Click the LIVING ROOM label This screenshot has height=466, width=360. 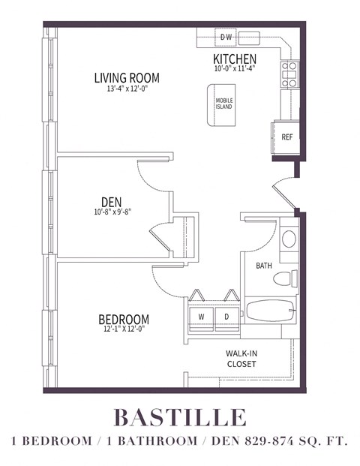click(x=126, y=77)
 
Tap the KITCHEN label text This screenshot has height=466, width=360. click(x=235, y=59)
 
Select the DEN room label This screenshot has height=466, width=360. click(x=112, y=202)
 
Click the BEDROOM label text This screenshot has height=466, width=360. click(x=123, y=318)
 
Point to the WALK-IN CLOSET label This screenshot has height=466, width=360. click(x=241, y=358)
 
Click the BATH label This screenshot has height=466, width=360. click(x=264, y=266)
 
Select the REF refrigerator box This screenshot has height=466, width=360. click(x=286, y=137)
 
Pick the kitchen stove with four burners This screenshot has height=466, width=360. click(x=289, y=75)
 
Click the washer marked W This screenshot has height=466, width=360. click(x=201, y=317)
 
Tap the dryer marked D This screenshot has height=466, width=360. click(x=226, y=317)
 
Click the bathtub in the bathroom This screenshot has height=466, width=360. click(x=271, y=310)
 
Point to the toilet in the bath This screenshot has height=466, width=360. click(x=283, y=279)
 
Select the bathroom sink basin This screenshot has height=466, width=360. click(x=288, y=239)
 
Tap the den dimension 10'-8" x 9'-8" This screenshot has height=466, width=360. click(x=112, y=213)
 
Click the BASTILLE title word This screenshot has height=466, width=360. click(x=179, y=416)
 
